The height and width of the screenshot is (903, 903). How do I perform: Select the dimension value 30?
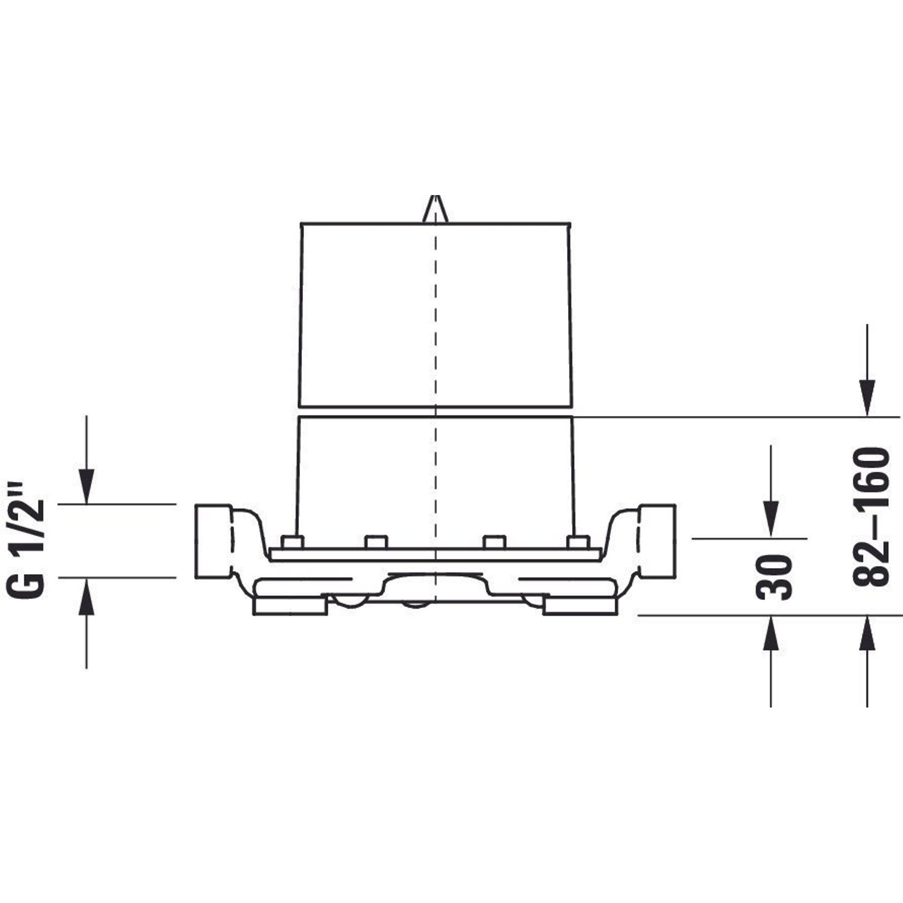[774, 577]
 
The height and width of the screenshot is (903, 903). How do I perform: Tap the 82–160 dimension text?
[870, 517]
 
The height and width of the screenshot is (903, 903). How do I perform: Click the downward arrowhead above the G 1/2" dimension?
[87, 487]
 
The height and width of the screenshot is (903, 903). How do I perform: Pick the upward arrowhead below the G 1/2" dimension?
[87, 596]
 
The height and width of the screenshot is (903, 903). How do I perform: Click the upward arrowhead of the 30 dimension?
[771, 634]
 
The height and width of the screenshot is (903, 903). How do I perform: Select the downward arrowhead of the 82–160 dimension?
[867, 397]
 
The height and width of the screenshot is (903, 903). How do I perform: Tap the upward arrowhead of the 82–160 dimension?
[867, 634]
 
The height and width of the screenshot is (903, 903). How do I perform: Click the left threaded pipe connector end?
[213, 541]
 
